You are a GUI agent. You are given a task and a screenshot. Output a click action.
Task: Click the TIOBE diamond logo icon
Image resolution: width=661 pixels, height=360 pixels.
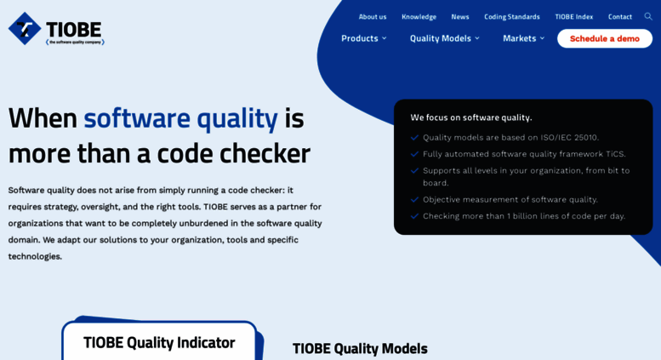(x=25, y=28)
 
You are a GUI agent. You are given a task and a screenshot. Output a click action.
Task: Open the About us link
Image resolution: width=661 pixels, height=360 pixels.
(x=372, y=16)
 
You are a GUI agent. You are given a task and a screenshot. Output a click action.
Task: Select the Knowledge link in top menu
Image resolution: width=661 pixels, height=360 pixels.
(x=419, y=16)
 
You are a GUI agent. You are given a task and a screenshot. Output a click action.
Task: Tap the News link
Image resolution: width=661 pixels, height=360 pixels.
(x=460, y=16)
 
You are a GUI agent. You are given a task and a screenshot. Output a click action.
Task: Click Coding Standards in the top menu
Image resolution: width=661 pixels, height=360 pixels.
(x=511, y=16)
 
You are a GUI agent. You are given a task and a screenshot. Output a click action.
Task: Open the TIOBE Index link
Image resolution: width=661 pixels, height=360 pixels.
(x=573, y=16)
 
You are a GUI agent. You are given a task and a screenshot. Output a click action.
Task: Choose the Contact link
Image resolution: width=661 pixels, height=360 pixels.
(x=619, y=16)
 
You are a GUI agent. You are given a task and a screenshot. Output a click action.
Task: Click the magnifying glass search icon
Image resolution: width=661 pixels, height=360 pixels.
(x=648, y=16)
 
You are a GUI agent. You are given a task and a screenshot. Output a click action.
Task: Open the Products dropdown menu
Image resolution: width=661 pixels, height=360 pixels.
(x=363, y=38)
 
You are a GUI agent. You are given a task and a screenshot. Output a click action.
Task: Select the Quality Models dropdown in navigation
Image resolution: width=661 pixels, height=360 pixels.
(x=444, y=38)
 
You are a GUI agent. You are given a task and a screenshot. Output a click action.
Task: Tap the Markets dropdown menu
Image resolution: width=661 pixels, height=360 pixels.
(x=523, y=38)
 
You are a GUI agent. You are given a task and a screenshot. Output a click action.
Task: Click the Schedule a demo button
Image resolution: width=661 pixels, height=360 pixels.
(x=604, y=38)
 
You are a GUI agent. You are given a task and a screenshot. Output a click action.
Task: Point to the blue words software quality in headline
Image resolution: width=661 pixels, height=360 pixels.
(x=180, y=117)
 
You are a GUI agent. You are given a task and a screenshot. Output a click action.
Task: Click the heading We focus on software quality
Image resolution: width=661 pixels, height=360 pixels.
(x=470, y=117)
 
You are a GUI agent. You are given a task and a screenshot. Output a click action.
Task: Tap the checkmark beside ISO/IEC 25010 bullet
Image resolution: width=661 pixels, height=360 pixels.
(x=414, y=137)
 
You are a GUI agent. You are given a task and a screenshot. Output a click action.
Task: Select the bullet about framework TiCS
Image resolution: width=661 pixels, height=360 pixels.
(x=523, y=154)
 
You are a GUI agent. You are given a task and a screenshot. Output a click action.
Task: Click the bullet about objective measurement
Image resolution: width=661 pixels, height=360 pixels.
(x=510, y=199)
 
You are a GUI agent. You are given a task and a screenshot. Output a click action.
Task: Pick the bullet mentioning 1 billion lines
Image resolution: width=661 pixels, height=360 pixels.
(x=523, y=216)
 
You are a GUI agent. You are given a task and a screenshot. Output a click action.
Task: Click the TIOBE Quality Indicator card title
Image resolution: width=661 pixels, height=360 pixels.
(x=159, y=342)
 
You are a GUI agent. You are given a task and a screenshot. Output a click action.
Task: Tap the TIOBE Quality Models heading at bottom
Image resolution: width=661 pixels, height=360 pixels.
(x=360, y=348)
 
